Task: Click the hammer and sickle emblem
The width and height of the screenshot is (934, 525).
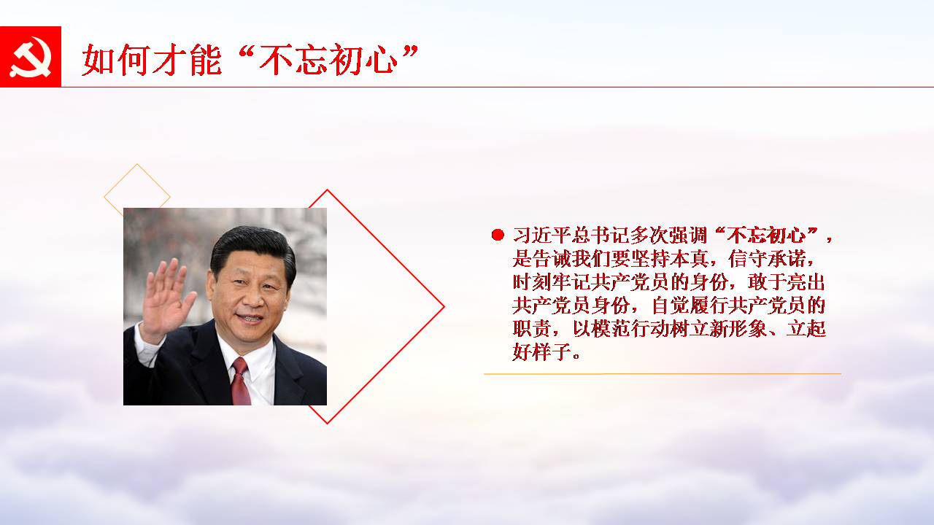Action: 30,57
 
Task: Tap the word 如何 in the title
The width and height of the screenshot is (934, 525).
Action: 115,60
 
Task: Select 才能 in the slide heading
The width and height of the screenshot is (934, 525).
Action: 187,60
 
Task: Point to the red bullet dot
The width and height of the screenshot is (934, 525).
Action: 498,235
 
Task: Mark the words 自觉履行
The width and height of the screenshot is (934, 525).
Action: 690,306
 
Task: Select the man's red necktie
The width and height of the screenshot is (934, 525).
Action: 241,381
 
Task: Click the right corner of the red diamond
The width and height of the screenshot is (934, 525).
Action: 444,307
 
